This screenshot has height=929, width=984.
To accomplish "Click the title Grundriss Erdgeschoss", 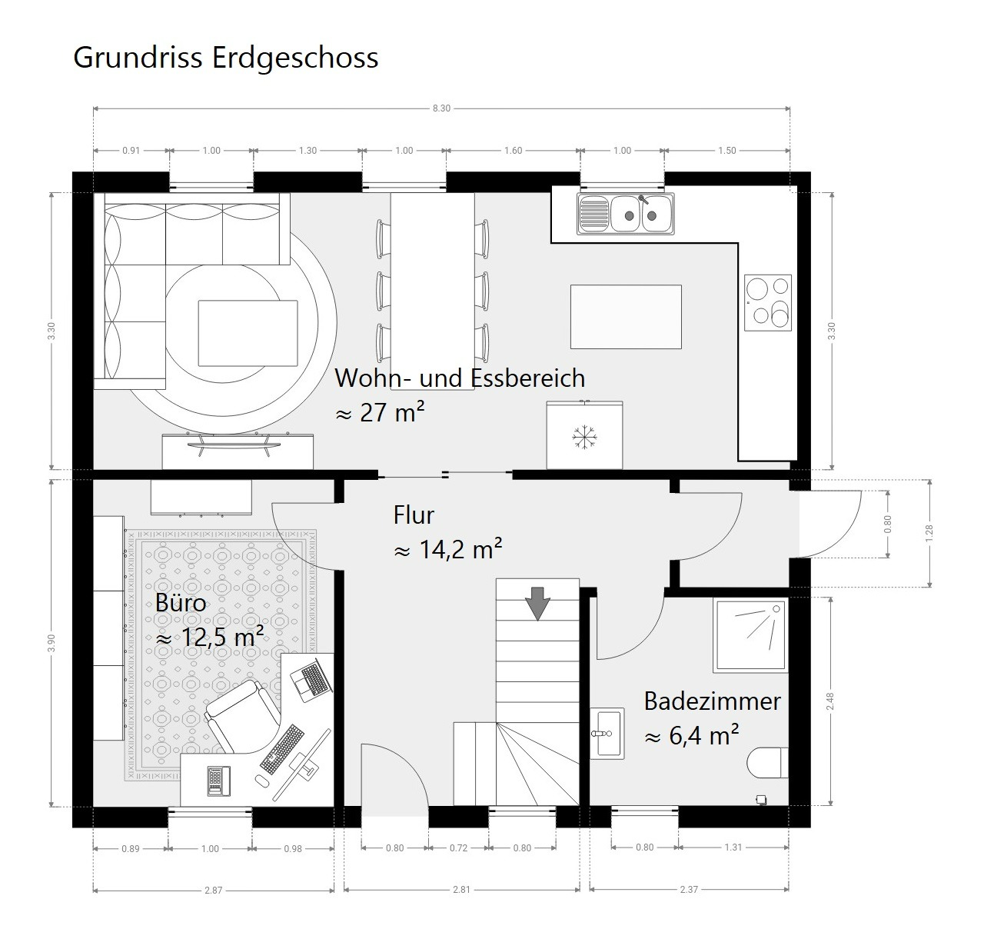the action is [x=226, y=58].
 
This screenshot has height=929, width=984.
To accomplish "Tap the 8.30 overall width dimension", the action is [x=441, y=108].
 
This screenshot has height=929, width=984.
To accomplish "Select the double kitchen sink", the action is [x=625, y=214].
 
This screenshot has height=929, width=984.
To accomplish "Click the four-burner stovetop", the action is [x=767, y=302].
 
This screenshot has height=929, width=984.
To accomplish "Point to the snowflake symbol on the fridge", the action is [x=585, y=438].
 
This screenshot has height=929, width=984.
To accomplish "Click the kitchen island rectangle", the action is [x=626, y=317].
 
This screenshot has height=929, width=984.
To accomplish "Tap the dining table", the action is [x=433, y=291].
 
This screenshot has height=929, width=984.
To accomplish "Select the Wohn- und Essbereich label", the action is [x=460, y=378].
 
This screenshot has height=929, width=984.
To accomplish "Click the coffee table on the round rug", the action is [x=248, y=333].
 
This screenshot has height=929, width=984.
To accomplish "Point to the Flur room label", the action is [x=414, y=514].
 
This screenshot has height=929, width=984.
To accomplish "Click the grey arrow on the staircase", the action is [x=537, y=603].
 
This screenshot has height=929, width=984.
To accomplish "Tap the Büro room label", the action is [x=181, y=603].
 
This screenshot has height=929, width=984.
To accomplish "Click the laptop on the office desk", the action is [x=311, y=680].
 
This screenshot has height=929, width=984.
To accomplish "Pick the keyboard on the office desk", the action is [x=282, y=749].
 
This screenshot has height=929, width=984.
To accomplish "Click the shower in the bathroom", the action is [x=750, y=635].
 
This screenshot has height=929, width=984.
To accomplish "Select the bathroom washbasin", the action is [x=607, y=733].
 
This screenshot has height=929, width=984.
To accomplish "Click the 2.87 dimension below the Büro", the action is [x=214, y=891].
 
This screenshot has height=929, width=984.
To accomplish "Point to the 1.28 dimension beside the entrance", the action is [x=929, y=533].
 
